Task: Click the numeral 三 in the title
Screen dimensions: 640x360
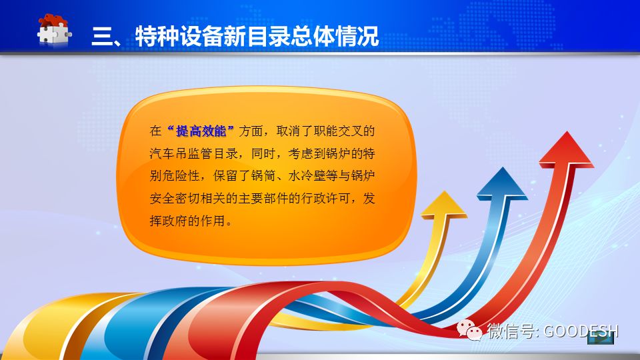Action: point(102,36)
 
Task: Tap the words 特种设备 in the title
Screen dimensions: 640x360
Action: point(179,36)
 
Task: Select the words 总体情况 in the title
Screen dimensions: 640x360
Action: point(334,36)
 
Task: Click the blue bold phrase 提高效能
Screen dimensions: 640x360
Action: point(201,131)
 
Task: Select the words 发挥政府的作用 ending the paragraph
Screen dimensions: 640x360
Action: point(262,209)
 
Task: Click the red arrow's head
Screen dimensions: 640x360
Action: point(566,149)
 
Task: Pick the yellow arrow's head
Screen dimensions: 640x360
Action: point(444,204)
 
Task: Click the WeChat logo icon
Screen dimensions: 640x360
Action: point(469,330)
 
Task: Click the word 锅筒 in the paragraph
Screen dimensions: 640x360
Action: point(263,176)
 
